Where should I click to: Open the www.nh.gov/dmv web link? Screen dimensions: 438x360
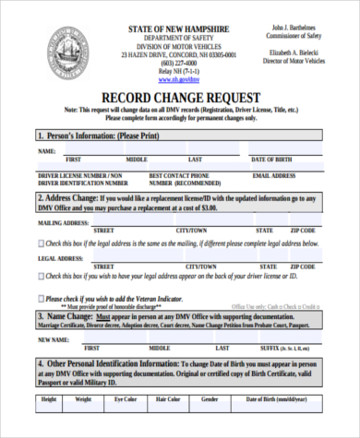coord(179,80)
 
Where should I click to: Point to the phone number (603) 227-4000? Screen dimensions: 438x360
coord(179,64)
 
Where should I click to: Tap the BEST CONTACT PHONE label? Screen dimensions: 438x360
coord(179,174)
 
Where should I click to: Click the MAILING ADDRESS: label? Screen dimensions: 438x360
coord(64,222)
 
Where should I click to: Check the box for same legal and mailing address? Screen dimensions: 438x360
coord(41,243)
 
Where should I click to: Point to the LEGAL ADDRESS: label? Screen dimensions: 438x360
coord(62,259)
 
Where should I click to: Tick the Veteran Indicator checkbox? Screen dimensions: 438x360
coord(41,299)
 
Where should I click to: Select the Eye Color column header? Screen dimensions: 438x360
coord(125,400)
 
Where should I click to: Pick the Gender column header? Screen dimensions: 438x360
coord(210,400)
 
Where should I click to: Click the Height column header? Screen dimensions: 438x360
coord(49,400)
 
